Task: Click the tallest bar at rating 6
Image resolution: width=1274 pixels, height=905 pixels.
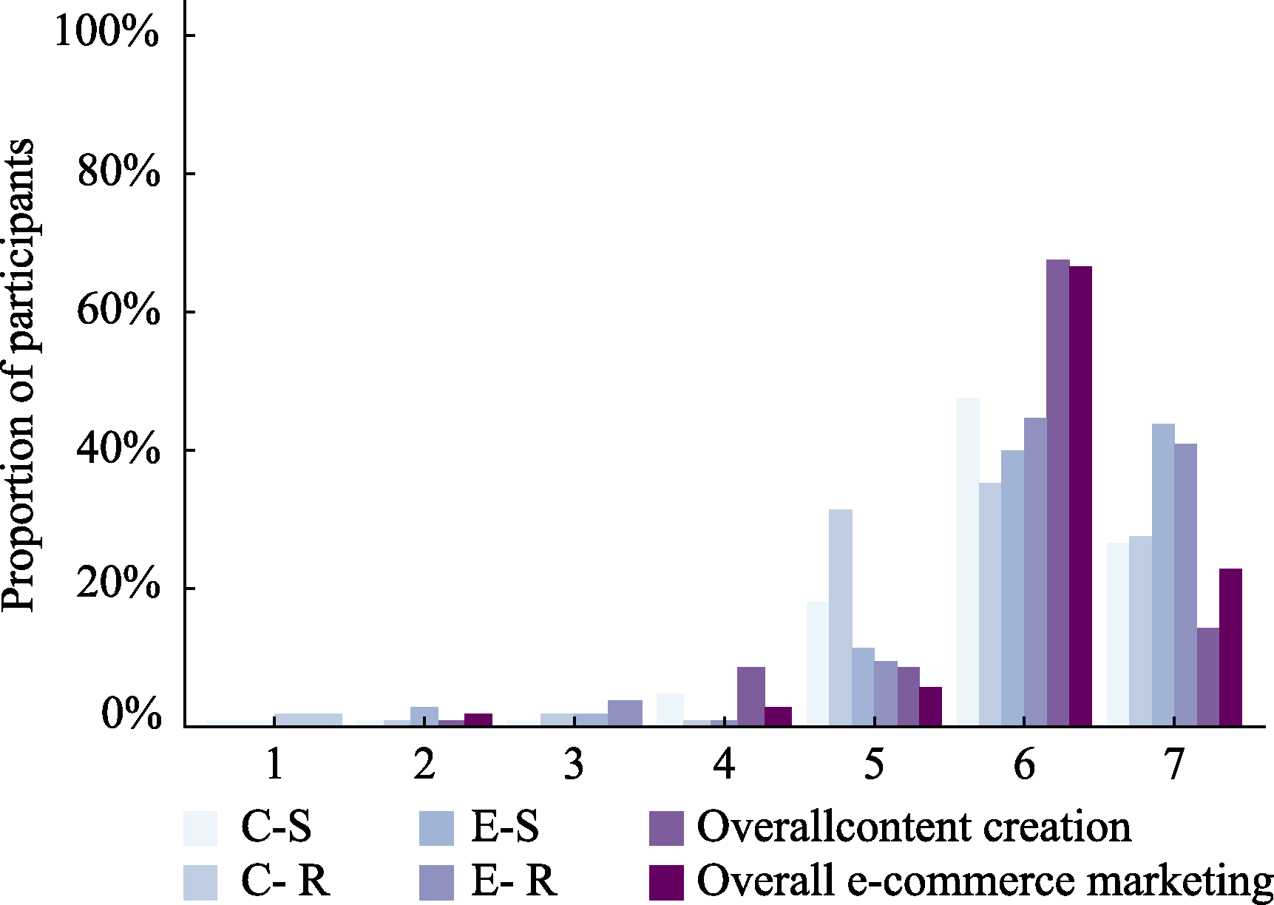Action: click(1057, 492)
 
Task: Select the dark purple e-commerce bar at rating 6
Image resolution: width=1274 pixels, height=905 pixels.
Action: click(1080, 495)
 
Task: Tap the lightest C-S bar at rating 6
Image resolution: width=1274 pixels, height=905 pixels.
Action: click(968, 562)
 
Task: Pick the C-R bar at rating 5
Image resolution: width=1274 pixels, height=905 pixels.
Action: click(840, 617)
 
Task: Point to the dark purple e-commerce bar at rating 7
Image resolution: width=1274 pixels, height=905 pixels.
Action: click(1230, 647)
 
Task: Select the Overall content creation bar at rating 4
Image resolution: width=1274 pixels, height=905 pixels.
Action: click(750, 696)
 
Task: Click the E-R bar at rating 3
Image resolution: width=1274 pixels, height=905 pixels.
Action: click(625, 713)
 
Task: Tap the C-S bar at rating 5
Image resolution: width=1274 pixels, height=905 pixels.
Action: click(818, 664)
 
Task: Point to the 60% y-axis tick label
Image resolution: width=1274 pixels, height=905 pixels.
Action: click(118, 310)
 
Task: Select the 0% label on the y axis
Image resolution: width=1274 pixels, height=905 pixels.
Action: click(131, 715)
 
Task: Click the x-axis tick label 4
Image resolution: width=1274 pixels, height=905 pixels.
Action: click(724, 765)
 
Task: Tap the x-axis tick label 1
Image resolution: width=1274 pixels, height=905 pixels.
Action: click(274, 765)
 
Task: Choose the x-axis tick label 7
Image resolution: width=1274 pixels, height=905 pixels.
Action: click(1174, 765)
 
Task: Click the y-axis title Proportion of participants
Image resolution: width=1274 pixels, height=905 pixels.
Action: click(18, 375)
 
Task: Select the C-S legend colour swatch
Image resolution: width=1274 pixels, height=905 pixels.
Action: click(200, 828)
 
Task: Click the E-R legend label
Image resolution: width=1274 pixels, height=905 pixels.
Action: click(514, 881)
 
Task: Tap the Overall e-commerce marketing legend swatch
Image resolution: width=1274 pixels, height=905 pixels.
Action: click(666, 882)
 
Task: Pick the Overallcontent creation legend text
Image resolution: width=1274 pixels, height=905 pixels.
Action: click(913, 827)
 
